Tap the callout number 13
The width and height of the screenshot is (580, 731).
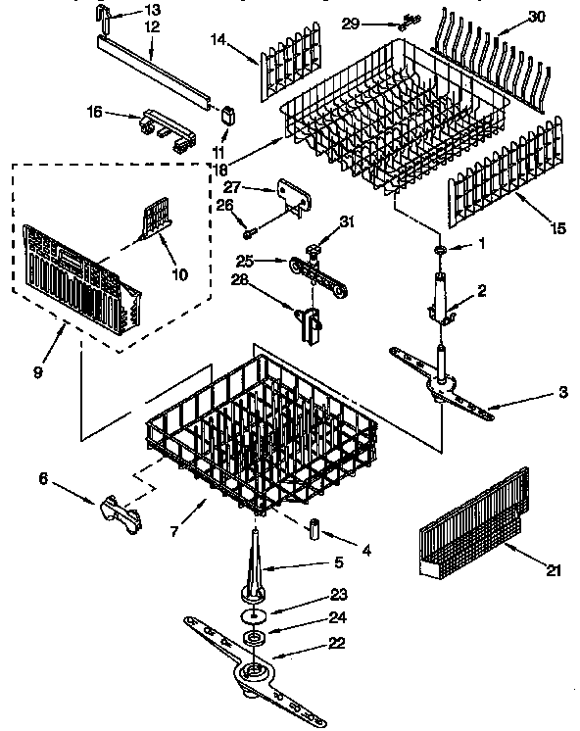(x=151, y=9)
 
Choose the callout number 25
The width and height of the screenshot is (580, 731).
(x=244, y=261)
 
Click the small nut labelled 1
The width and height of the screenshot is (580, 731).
(x=440, y=251)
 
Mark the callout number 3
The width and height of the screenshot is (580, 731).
(x=562, y=393)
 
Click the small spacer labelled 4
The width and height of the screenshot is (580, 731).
(x=316, y=530)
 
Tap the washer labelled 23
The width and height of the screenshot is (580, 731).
(x=255, y=614)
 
